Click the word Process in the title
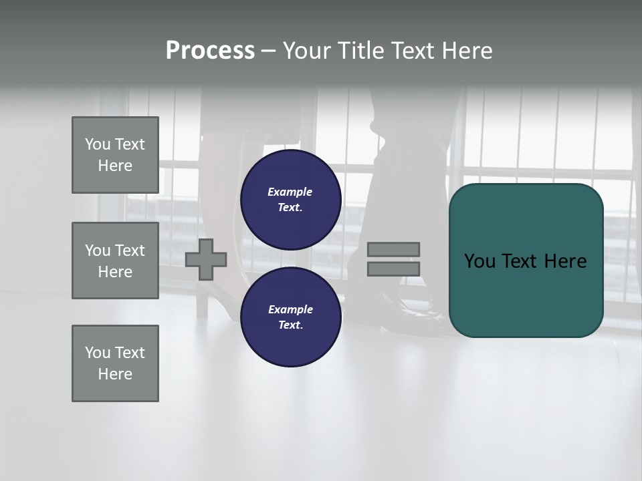tap(210, 51)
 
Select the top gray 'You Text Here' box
tap(115, 155)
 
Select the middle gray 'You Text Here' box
tap(115, 261)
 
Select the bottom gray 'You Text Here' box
tap(115, 363)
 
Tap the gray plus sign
tap(206, 259)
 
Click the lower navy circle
tap(290, 317)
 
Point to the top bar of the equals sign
tap(393, 249)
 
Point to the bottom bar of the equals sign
tap(393, 269)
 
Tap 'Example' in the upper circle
tap(290, 192)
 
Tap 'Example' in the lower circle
tap(290, 309)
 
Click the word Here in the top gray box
tap(115, 166)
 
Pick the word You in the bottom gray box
tap(98, 353)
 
